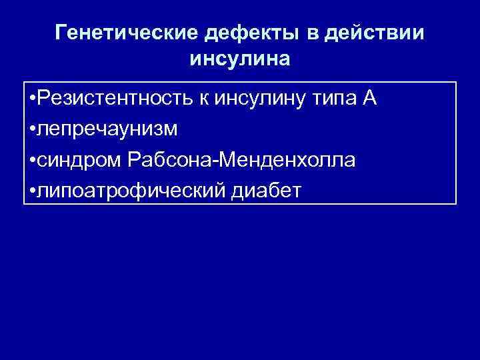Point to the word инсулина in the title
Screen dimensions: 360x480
coord(240,59)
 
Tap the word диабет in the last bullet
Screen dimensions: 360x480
coord(266,191)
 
